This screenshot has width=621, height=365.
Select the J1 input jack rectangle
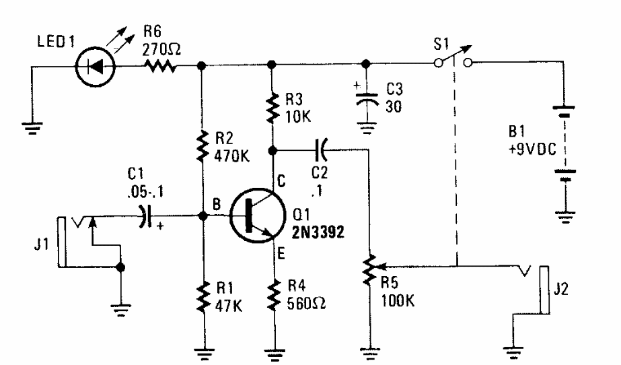pos(62,240)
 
